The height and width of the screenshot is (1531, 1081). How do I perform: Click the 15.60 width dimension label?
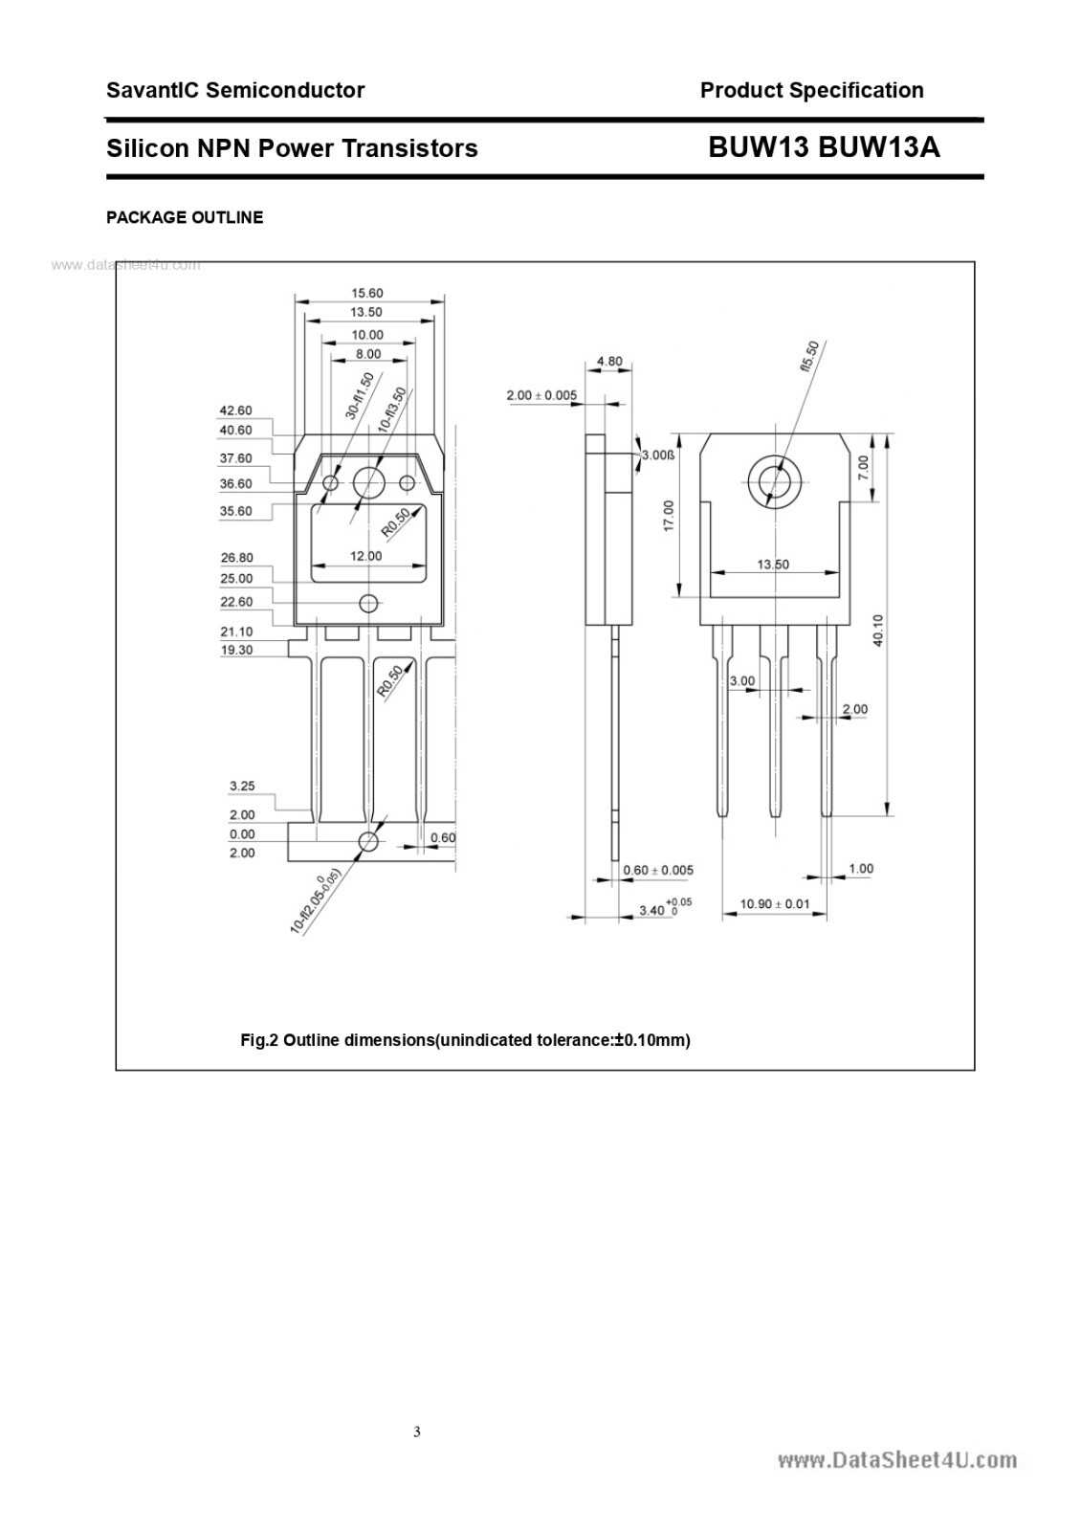(x=367, y=294)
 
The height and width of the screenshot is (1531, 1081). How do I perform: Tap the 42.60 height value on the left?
(x=236, y=411)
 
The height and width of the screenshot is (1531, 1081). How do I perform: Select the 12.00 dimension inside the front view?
(x=366, y=556)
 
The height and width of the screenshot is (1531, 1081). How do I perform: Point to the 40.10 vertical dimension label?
(x=878, y=631)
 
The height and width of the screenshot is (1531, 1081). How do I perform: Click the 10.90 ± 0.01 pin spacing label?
(x=775, y=904)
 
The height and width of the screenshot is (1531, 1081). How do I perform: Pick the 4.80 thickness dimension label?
(x=609, y=362)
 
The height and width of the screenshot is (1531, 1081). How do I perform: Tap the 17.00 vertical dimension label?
(x=669, y=516)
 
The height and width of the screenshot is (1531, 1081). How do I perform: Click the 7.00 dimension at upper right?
(x=863, y=467)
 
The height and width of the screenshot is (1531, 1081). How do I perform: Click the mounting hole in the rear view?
(x=771, y=481)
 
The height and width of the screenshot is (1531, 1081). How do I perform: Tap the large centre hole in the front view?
(x=368, y=483)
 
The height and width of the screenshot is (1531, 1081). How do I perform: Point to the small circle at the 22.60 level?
(x=368, y=603)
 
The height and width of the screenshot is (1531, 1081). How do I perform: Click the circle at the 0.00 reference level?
(x=368, y=842)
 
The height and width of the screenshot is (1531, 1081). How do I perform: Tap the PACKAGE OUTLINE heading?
(x=185, y=218)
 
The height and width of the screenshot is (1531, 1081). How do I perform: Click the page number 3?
(x=417, y=1432)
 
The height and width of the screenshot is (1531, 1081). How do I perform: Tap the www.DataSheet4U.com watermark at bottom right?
(x=896, y=1460)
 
